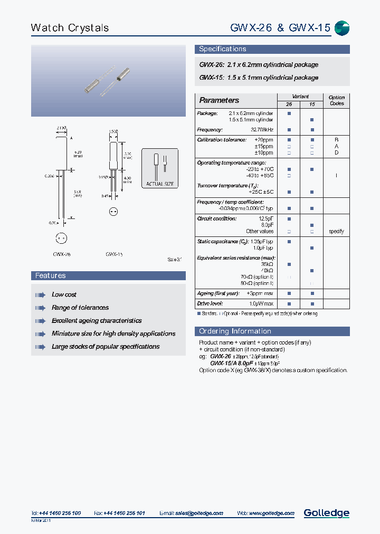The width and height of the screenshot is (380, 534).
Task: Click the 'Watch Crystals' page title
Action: click(70, 28)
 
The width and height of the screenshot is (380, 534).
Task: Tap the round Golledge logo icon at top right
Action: click(342, 28)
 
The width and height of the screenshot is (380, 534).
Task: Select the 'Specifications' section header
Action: click(222, 49)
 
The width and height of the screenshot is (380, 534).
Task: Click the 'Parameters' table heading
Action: click(219, 100)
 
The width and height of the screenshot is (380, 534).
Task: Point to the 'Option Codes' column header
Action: click(336, 100)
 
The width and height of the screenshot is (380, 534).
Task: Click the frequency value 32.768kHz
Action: click(262, 130)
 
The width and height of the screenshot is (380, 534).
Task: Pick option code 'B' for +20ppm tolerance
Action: click(336, 140)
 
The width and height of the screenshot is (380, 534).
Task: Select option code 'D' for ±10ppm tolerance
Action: click(336, 152)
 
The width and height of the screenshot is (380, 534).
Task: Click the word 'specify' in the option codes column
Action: click(336, 231)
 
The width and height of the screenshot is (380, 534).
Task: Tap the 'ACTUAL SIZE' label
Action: click(160, 184)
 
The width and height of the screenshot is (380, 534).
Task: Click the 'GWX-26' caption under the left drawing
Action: click(62, 254)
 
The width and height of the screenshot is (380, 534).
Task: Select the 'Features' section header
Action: click(51, 276)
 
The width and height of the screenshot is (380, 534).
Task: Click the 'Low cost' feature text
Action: click(64, 294)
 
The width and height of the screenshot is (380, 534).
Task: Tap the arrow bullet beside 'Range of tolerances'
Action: click(40, 308)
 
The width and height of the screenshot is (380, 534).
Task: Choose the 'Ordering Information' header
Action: click(235, 331)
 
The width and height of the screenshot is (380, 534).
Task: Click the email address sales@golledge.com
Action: click(199, 513)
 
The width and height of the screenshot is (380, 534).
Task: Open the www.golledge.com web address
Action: click(271, 513)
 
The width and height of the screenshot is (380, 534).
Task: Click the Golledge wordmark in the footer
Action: click(326, 513)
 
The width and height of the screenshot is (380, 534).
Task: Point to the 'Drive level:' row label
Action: click(210, 303)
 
